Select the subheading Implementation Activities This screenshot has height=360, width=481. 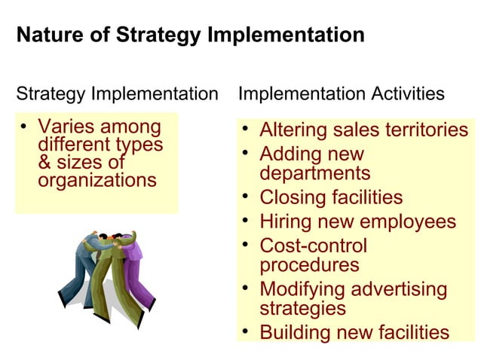[341, 94]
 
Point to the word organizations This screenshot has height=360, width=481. [97, 181]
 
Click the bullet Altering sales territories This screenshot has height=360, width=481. [363, 130]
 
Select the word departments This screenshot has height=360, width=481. [314, 173]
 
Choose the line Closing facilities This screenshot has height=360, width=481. [331, 197]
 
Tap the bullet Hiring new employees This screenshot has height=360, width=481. [357, 221]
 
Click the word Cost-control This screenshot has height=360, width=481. [313, 246]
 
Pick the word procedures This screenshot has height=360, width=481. [309, 265]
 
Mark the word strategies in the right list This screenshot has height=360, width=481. [302, 308]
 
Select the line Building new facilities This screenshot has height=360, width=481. [354, 332]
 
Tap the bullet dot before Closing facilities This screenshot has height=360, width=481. [246, 197]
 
